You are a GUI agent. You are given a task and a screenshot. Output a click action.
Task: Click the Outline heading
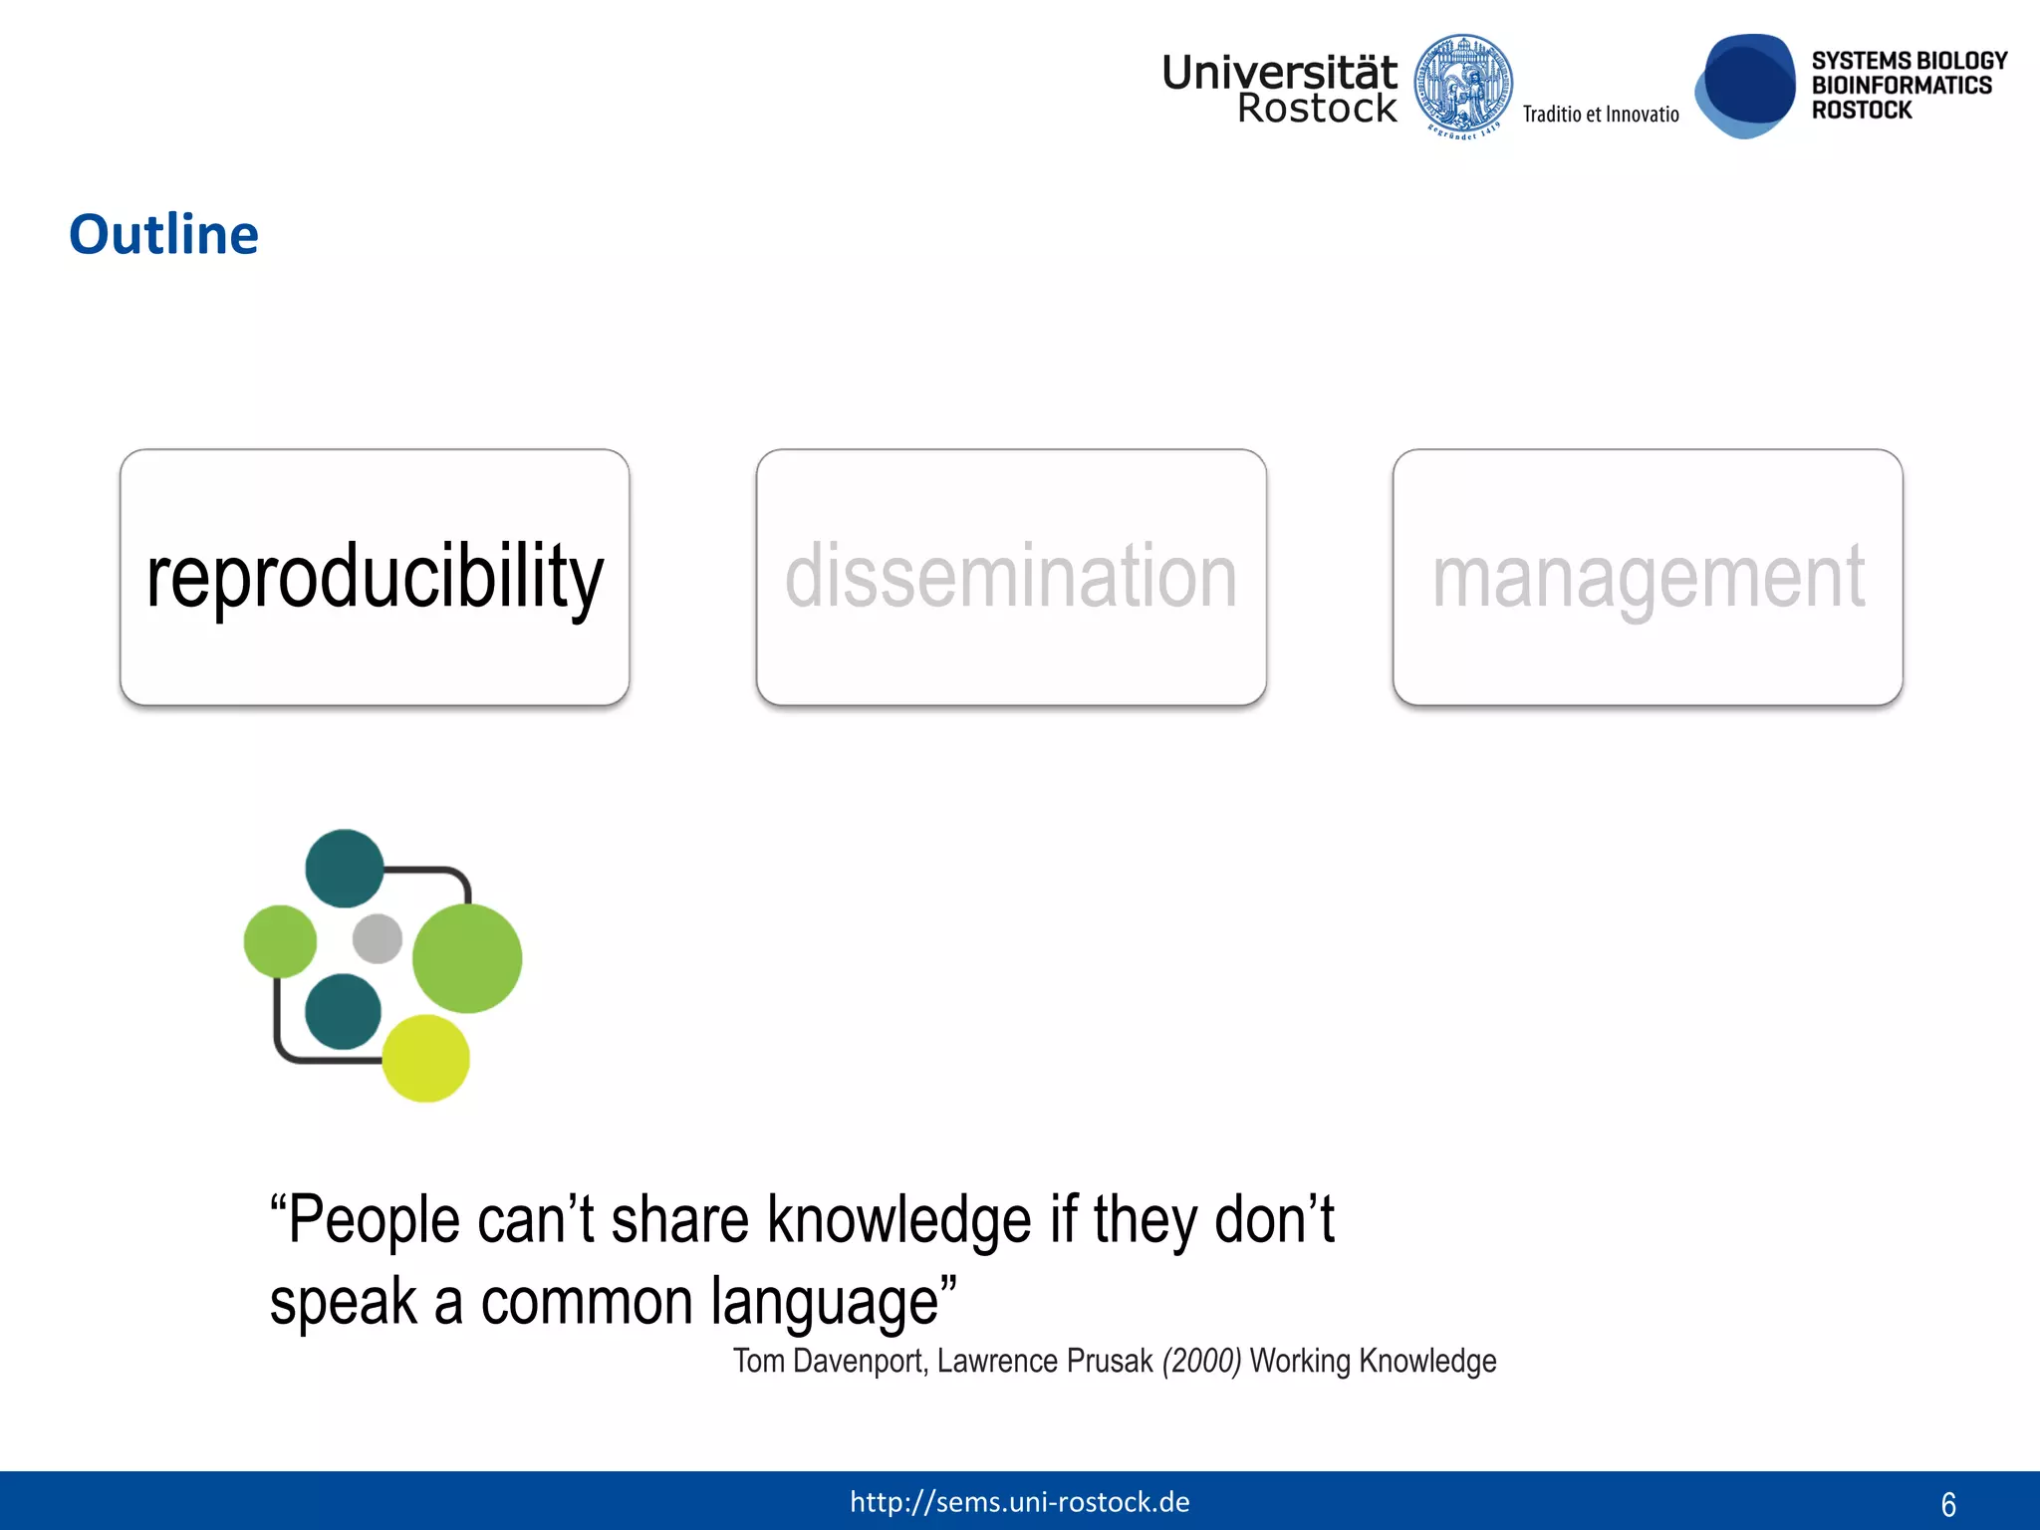(x=163, y=235)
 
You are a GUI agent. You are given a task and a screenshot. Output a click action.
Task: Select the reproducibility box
(x=375, y=577)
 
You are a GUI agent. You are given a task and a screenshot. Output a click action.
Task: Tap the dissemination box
(x=1011, y=577)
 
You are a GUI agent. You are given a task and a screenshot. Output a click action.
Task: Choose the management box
(x=1648, y=577)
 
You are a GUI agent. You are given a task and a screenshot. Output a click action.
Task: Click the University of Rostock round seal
(x=1463, y=85)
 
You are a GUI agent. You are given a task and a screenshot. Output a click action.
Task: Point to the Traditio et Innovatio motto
(x=1600, y=115)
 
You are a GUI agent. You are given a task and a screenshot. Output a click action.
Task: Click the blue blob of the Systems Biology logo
(x=1746, y=86)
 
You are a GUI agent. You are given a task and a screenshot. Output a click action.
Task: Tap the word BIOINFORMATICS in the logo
(x=1901, y=86)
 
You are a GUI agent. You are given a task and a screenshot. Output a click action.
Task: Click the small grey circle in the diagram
(x=378, y=938)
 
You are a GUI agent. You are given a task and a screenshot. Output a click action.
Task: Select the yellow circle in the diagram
(x=425, y=1058)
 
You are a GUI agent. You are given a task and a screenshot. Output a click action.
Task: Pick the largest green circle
(x=467, y=958)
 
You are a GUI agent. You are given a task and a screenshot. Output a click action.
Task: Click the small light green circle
(x=280, y=941)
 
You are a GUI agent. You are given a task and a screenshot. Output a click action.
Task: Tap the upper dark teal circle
(x=344, y=869)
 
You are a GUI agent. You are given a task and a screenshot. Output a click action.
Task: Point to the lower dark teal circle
(x=343, y=1012)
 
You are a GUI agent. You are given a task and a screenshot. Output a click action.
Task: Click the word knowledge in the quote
(x=898, y=1221)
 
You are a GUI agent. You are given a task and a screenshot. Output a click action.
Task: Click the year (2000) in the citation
(x=1201, y=1361)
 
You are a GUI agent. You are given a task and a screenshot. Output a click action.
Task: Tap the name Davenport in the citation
(x=858, y=1361)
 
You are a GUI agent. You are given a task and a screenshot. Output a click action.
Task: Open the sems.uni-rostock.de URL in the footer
(x=1019, y=1502)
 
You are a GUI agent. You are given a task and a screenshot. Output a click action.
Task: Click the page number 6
(x=1948, y=1504)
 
